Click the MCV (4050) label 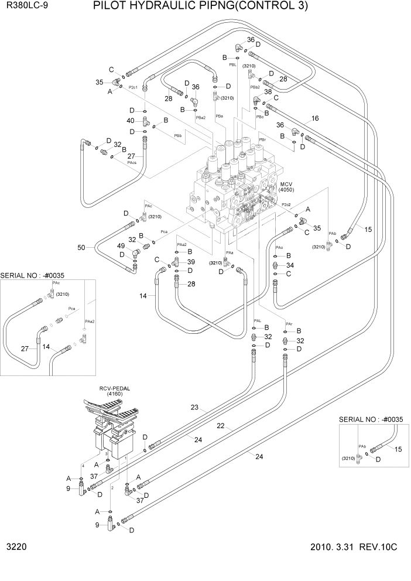(x=286, y=187)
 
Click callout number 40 (x=131, y=121)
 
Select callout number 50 (x=83, y=248)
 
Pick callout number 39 (x=190, y=261)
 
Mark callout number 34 (x=290, y=265)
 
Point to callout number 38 (x=268, y=92)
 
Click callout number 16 (x=314, y=118)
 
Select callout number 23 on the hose (x=195, y=408)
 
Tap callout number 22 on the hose (x=220, y=426)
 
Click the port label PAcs (x=132, y=162)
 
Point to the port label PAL (x=258, y=321)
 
